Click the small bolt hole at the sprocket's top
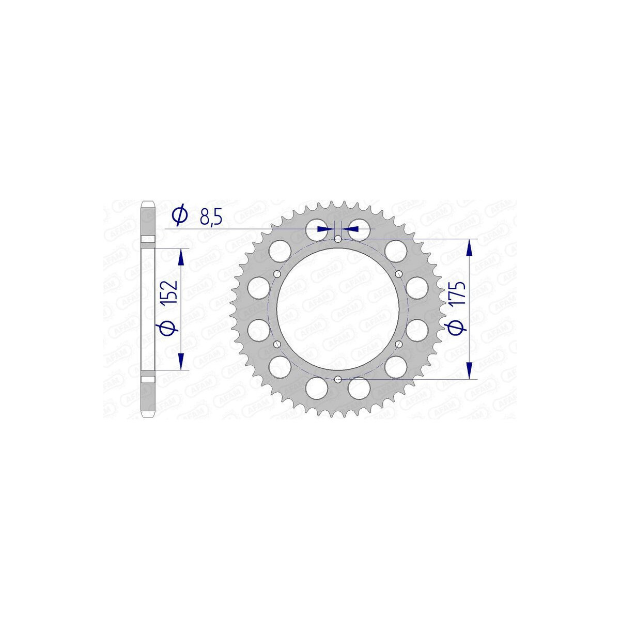point(338,239)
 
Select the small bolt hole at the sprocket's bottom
point(338,379)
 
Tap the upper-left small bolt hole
point(277,274)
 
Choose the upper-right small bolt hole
point(399,274)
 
